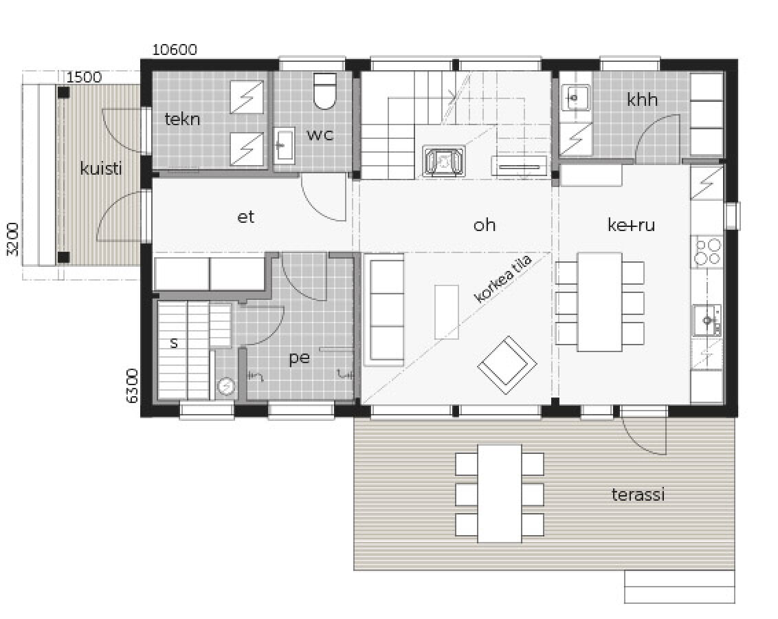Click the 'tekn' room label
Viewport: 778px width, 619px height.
pyautogui.click(x=182, y=119)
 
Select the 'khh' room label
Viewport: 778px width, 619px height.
pyautogui.click(x=642, y=100)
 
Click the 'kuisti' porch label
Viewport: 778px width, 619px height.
pyautogui.click(x=101, y=169)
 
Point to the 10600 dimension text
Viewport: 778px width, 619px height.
pyautogui.click(x=175, y=50)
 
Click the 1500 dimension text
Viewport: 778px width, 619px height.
pyautogui.click(x=84, y=77)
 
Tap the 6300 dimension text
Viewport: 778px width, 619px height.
pyautogui.click(x=132, y=386)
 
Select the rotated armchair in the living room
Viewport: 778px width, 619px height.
pyautogui.click(x=507, y=365)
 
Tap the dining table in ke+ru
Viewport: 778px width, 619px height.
pyautogui.click(x=600, y=302)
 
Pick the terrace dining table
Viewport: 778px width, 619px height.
pyautogui.click(x=500, y=493)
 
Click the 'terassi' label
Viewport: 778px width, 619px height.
pyautogui.click(x=638, y=495)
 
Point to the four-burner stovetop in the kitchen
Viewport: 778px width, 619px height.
pyautogui.click(x=707, y=252)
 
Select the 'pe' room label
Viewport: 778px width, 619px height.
pyautogui.click(x=299, y=358)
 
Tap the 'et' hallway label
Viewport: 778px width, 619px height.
pyautogui.click(x=246, y=217)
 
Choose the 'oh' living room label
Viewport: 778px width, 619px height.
pyautogui.click(x=485, y=225)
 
